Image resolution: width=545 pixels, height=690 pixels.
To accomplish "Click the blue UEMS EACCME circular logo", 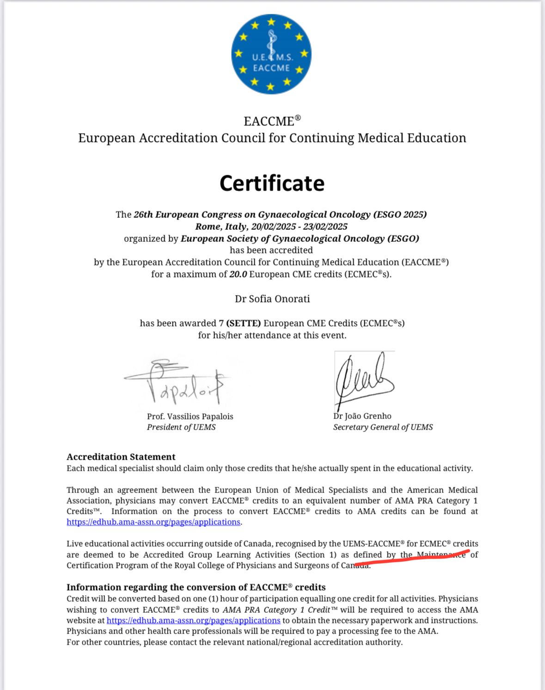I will (x=271, y=54).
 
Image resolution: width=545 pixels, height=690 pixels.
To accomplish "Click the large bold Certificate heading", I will (x=272, y=183).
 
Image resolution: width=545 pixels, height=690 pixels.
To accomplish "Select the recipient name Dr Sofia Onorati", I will (x=272, y=299).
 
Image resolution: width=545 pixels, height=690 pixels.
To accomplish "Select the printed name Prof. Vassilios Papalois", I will (x=190, y=416).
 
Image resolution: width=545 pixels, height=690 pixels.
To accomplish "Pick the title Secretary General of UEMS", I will (x=383, y=427).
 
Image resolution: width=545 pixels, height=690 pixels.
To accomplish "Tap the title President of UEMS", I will (x=181, y=427).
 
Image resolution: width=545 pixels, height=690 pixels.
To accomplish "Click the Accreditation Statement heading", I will (x=121, y=457).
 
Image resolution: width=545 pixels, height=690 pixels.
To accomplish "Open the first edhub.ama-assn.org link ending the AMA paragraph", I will (x=153, y=522).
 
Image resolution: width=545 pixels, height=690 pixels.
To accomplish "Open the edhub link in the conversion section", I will (x=193, y=621).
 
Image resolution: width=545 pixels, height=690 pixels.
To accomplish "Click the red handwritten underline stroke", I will (x=411, y=558).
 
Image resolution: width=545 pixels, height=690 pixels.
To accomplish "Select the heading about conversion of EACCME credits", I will (x=196, y=587).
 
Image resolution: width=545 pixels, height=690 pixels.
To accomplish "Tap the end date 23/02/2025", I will (x=325, y=227).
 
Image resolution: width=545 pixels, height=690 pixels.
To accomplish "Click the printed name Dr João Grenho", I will (x=362, y=416).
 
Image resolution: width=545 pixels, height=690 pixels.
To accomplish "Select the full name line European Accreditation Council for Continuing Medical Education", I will (x=272, y=138).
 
